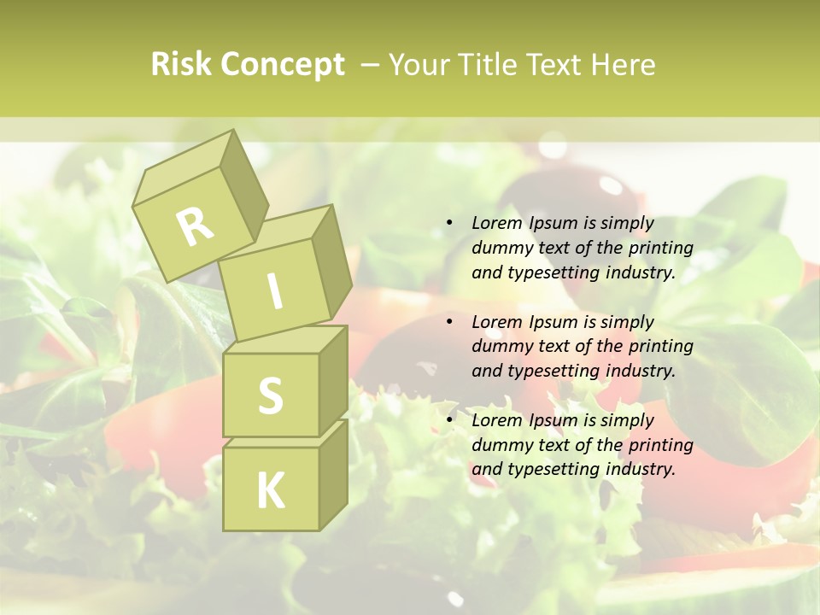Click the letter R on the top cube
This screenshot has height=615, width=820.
pos(196,226)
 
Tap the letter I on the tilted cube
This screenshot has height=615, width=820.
pos(275,291)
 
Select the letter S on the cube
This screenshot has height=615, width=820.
pos(270,395)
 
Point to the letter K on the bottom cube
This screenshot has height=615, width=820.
pos(270,491)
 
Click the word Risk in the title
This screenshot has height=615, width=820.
pos(180,65)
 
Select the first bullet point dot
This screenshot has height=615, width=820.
pos(450,224)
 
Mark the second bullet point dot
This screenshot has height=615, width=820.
pos(450,322)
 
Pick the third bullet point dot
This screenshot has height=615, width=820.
pos(450,420)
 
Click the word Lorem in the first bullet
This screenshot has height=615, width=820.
pos(497,223)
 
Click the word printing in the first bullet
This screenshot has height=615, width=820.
pos(660,248)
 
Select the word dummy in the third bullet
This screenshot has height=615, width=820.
pos(501,445)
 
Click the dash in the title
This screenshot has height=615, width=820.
pos(371,65)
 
